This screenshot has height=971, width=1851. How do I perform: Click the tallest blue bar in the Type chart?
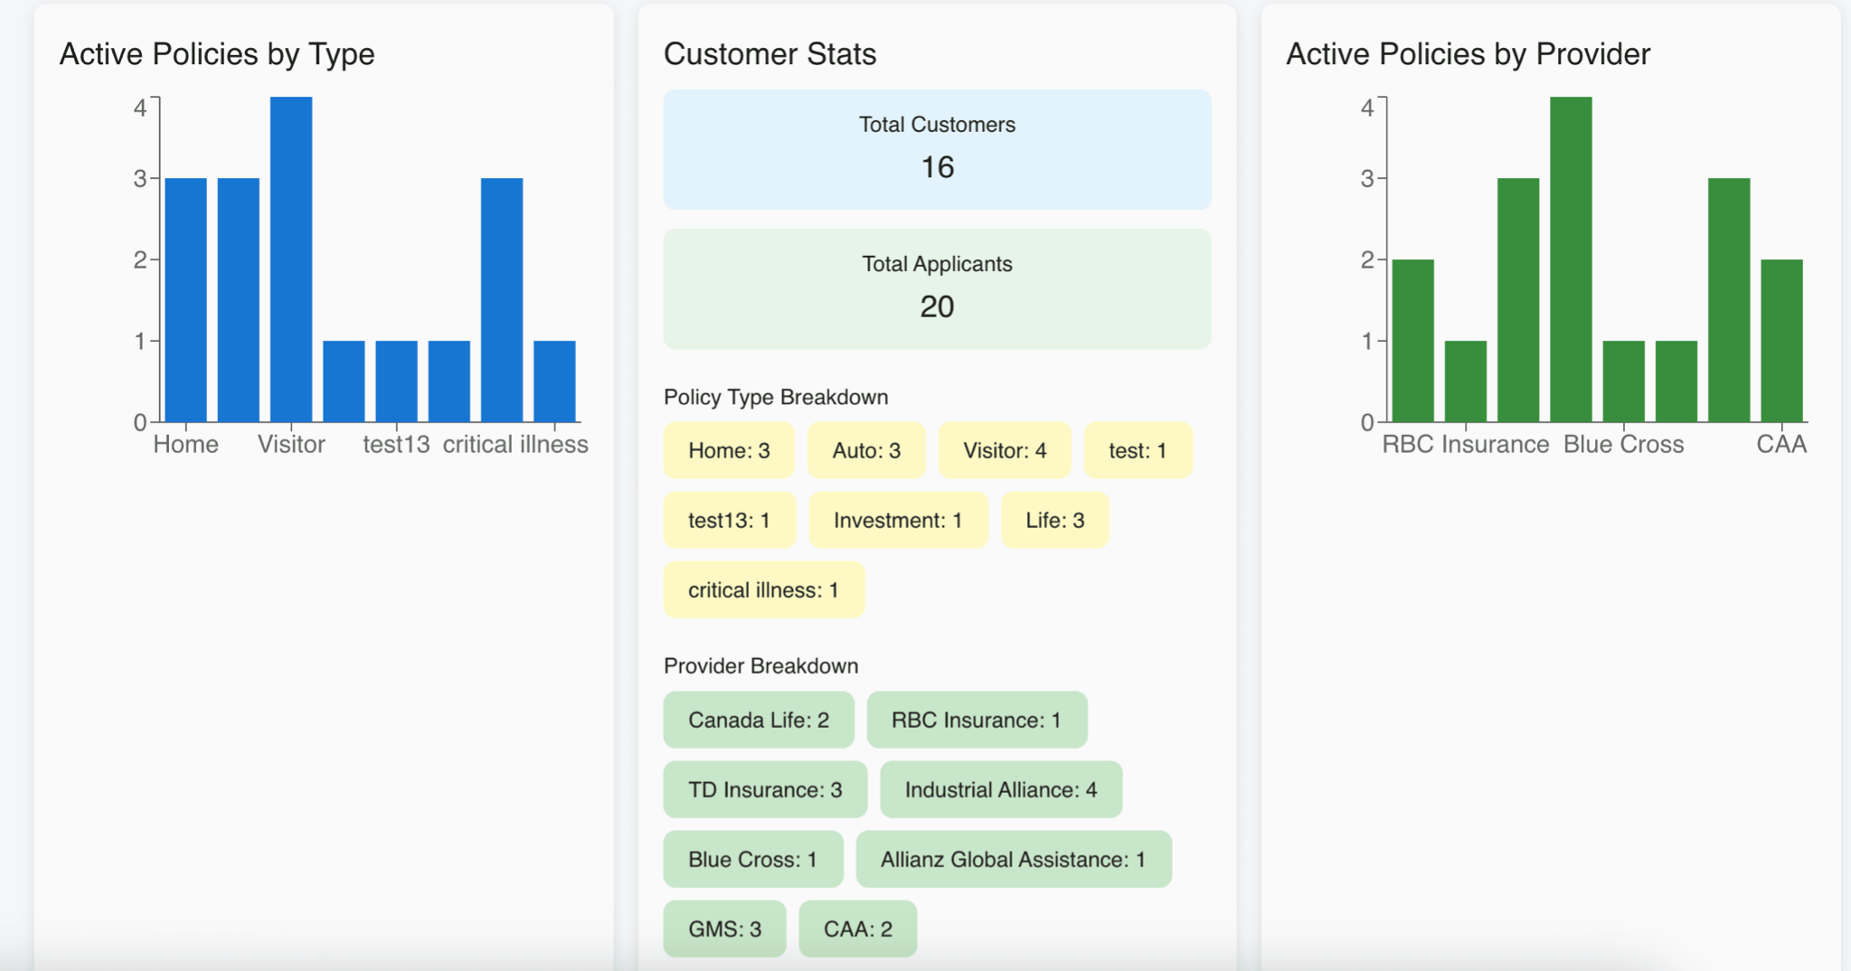pyautogui.click(x=291, y=259)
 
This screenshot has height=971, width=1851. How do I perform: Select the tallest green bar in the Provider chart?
pyautogui.click(x=1571, y=259)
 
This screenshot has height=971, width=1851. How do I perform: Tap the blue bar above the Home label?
pyautogui.click(x=185, y=299)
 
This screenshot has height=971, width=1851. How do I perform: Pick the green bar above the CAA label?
pyautogui.click(x=1781, y=340)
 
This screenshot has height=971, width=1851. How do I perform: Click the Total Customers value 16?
pyautogui.click(x=937, y=167)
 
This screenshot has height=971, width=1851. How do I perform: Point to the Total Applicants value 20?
pyautogui.click(x=937, y=306)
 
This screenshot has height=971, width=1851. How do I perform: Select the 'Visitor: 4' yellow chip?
pyautogui.click(x=1004, y=450)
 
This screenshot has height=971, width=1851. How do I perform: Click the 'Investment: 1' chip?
pyautogui.click(x=897, y=520)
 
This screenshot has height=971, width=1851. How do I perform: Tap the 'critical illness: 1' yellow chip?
pyautogui.click(x=763, y=589)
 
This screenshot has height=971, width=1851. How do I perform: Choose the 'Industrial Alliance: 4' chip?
pyautogui.click(x=1000, y=789)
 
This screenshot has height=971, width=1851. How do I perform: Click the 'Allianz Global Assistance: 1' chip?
pyautogui.click(x=1013, y=859)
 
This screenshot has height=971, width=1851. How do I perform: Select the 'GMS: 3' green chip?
pyautogui.click(x=724, y=929)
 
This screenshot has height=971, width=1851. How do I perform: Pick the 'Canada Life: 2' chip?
pyautogui.click(x=758, y=720)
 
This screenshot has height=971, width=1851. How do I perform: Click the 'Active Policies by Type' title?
pyautogui.click(x=217, y=54)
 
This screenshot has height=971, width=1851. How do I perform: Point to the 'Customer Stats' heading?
pyautogui.click(x=770, y=54)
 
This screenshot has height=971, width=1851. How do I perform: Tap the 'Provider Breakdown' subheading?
pyautogui.click(x=760, y=665)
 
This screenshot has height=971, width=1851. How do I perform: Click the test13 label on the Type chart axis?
pyautogui.click(x=396, y=445)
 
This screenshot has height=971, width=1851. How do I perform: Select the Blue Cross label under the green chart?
pyautogui.click(x=1623, y=445)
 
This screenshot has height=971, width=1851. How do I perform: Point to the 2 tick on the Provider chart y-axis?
pyautogui.click(x=1367, y=260)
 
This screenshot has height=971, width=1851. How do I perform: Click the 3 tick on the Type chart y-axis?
pyautogui.click(x=140, y=179)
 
